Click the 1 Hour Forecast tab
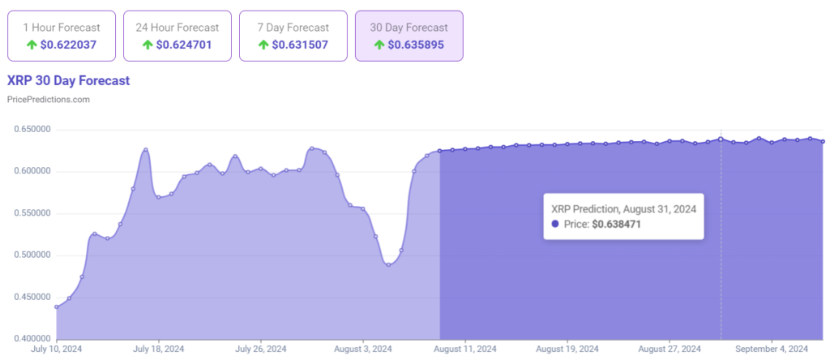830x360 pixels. [61, 36]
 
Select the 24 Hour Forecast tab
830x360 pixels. [177, 36]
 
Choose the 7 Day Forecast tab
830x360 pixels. [293, 36]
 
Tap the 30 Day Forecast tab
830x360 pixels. [409, 36]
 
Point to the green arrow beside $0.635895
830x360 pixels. [379, 45]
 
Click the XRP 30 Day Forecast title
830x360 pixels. [68, 81]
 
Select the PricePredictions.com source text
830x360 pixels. [48, 99]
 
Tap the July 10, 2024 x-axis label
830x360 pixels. [56, 349]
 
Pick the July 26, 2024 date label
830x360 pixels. [261, 349]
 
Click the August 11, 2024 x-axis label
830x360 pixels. [465, 349]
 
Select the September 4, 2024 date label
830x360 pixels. [771, 349]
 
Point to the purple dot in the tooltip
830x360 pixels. [555, 223]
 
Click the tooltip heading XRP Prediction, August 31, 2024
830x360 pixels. [622, 208]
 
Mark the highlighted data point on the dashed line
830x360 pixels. [721, 139]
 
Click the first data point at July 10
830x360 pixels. [56, 307]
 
